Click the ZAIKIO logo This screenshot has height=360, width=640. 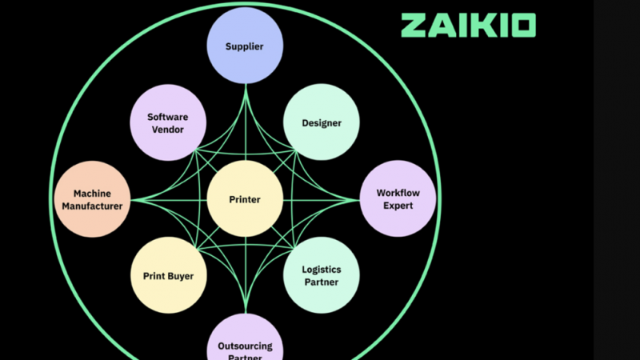468,25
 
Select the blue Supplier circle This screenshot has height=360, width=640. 245,46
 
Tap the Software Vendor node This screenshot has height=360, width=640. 168,122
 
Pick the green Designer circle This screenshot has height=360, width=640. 322,122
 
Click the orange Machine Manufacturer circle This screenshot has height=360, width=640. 92,199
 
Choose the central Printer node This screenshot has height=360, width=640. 245,199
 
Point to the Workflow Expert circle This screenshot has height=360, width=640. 398,199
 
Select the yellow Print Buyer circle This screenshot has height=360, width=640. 168,276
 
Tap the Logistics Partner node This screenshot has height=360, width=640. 322,276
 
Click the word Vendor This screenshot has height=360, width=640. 168,130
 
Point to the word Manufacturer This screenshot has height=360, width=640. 92,206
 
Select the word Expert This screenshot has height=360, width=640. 398,206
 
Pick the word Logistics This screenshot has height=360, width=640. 322,270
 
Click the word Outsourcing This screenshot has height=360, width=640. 245,346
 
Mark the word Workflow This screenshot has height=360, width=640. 398,193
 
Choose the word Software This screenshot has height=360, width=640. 168,117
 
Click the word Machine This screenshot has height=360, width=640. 92,194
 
